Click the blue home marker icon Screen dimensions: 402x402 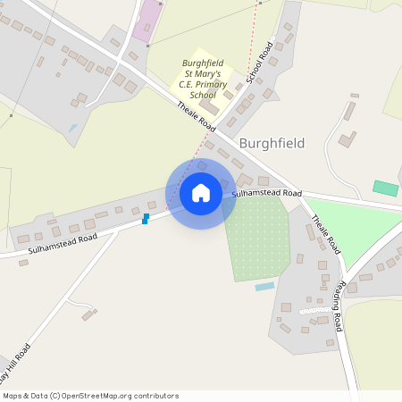point(201,193)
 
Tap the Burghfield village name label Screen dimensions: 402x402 point(272,143)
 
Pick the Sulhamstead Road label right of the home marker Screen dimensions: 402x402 point(267,193)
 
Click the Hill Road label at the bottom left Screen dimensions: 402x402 point(17,362)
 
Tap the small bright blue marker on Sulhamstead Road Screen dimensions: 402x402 point(145,219)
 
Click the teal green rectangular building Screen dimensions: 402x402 point(385,188)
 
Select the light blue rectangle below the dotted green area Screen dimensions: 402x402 point(264,287)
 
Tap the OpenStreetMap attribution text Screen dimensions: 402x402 point(90,396)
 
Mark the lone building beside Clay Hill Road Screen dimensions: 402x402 point(88,314)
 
